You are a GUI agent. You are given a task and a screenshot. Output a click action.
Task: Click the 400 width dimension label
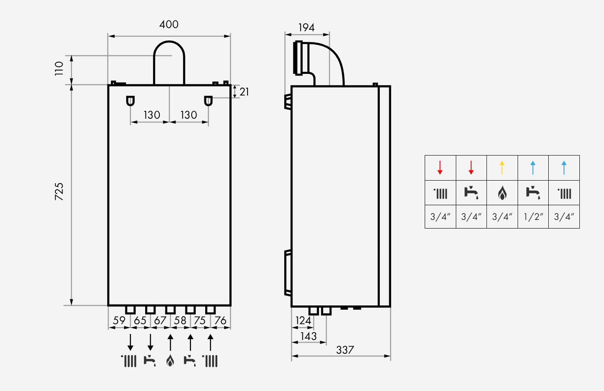click(x=168, y=25)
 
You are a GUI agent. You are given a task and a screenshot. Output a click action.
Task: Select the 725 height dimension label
click(x=59, y=191)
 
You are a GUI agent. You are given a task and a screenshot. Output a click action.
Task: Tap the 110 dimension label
click(x=59, y=68)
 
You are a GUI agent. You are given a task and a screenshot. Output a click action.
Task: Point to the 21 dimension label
click(x=244, y=92)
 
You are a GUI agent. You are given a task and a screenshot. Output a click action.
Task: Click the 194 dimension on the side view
click(x=306, y=28)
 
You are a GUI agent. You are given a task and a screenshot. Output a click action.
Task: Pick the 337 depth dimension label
click(x=345, y=350)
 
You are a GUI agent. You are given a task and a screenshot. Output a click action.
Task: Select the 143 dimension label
click(x=308, y=336)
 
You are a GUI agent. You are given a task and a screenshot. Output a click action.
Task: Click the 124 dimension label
click(x=303, y=321)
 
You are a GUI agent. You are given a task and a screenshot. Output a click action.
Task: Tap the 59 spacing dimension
click(x=119, y=321)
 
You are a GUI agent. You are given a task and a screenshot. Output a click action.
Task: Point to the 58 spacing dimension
click(x=180, y=321)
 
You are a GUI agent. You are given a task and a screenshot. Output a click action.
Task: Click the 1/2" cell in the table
click(x=533, y=217)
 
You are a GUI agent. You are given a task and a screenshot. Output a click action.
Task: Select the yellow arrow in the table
click(x=502, y=168)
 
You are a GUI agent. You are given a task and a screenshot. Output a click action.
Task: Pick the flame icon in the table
click(x=502, y=193)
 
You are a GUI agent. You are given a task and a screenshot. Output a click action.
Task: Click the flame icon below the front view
click(x=170, y=360)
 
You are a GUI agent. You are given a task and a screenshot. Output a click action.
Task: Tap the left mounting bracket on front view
click(x=130, y=101)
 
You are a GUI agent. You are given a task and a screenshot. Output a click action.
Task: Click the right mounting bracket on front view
click(x=208, y=101)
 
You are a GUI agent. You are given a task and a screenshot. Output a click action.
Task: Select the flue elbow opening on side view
click(x=299, y=58)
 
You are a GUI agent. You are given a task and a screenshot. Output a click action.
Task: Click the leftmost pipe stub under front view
click(x=130, y=310)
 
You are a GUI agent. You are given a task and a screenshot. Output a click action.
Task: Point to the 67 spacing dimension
click(x=160, y=321)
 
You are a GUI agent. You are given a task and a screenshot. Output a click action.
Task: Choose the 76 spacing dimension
click(x=220, y=321)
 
